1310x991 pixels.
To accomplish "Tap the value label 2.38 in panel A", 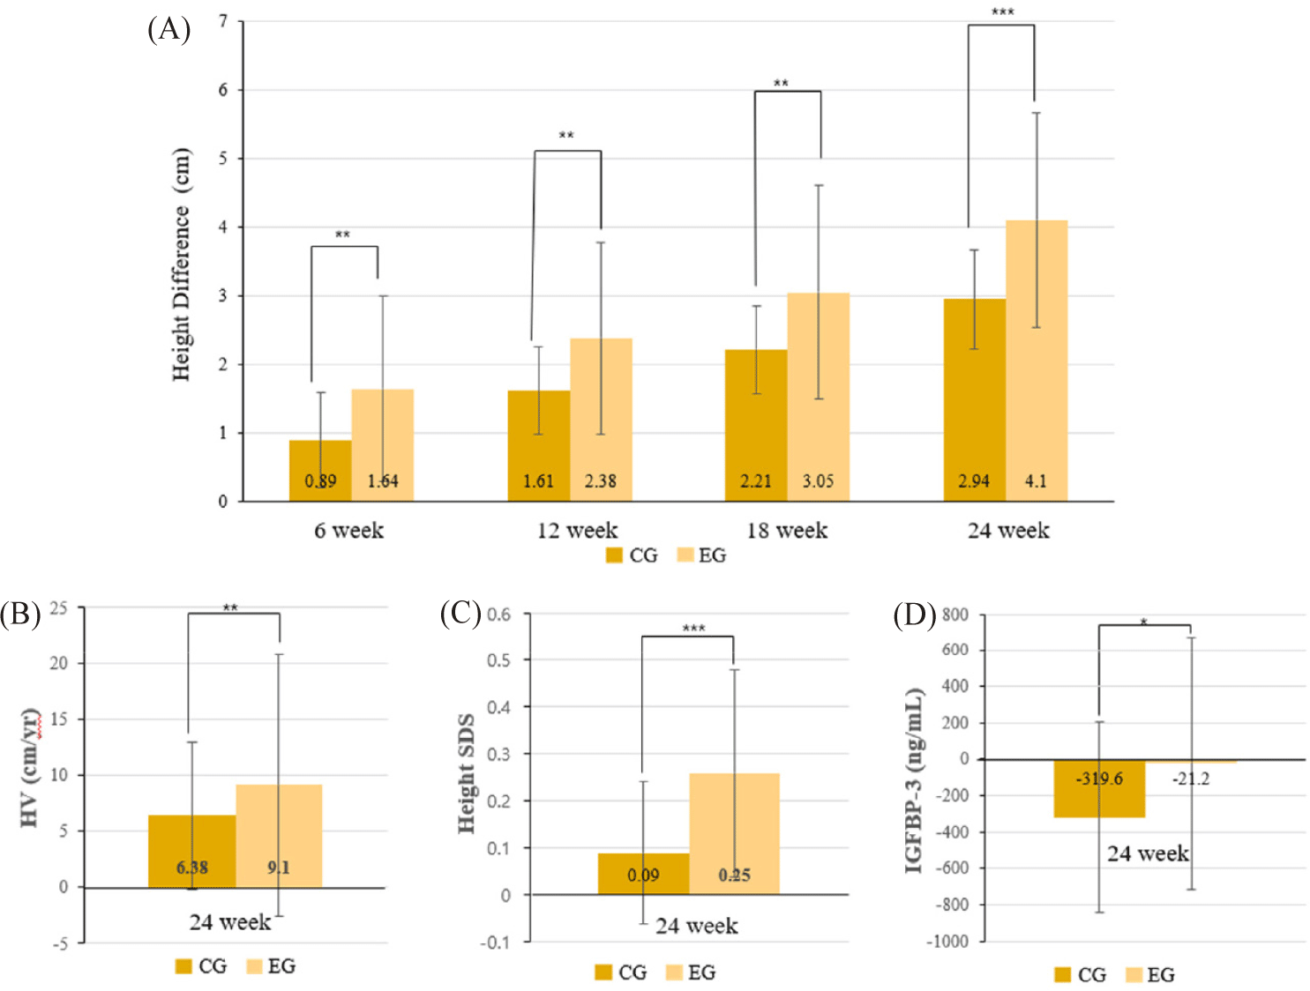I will click(x=600, y=481).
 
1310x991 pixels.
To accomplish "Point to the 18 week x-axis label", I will click(x=787, y=531).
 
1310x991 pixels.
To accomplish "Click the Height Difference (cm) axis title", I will click(x=181, y=265).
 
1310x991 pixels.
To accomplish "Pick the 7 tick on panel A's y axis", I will click(x=223, y=20).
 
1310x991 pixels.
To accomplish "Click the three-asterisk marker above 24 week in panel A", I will click(x=1002, y=12).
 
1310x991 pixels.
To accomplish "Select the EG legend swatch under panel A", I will click(x=685, y=555).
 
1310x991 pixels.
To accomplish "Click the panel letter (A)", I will click(x=168, y=29).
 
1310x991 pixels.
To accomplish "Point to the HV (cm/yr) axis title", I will click(x=30, y=768).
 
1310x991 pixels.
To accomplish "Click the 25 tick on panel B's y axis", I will click(x=58, y=608).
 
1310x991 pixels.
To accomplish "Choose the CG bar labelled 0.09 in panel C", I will click(x=643, y=874).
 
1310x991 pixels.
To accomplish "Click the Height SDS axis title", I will click(x=467, y=773).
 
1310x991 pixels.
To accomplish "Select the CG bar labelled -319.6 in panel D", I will click(x=1099, y=788).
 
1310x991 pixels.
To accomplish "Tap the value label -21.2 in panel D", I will click(x=1191, y=779).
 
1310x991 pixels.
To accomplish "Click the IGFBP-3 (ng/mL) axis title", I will click(x=915, y=780).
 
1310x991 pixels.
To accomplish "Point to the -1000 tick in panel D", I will click(x=947, y=942).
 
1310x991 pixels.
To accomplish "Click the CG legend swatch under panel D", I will click(x=1063, y=975).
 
